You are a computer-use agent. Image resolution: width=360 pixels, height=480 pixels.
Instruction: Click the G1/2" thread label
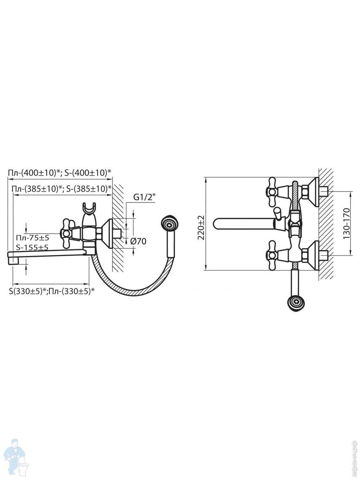click(144, 197)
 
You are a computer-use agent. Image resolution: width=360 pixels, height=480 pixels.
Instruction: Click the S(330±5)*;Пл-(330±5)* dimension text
click(52, 291)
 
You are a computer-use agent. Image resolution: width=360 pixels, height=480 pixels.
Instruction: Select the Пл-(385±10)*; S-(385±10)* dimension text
click(62, 188)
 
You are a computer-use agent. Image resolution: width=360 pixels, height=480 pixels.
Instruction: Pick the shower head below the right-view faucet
click(294, 301)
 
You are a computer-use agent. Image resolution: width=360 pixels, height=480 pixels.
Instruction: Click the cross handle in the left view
click(67, 234)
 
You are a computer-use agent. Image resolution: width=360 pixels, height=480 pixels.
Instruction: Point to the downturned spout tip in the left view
click(12, 258)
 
